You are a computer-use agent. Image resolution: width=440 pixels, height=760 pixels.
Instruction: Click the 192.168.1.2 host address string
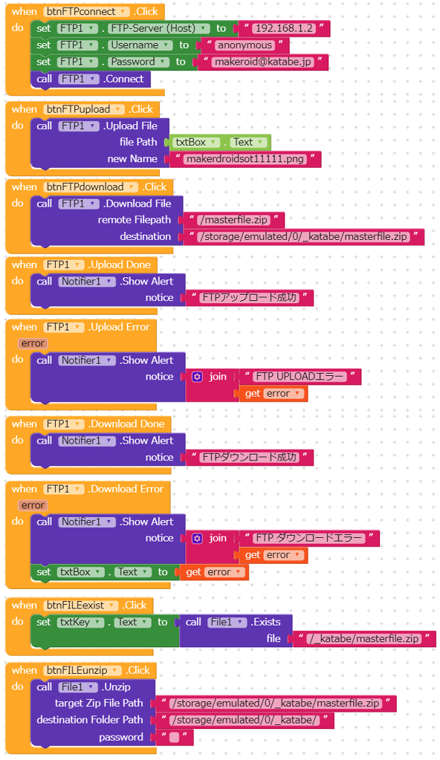coord(284,28)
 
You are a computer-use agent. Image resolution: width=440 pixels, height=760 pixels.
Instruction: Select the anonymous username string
coord(245,45)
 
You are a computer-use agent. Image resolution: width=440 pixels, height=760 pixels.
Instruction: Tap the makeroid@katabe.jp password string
coord(263,62)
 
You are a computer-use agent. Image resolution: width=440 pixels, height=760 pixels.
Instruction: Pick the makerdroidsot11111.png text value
coord(245,159)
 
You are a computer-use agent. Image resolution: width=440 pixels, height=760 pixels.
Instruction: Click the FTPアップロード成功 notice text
coord(249,298)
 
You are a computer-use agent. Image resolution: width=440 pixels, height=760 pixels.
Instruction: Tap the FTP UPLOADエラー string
coord(300,377)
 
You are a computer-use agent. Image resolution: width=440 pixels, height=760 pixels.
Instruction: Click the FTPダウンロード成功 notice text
coord(249,457)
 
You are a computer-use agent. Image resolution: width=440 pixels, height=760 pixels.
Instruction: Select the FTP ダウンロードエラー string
coord(309,538)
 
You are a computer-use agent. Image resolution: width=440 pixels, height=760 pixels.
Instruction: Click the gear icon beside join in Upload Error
coord(197,377)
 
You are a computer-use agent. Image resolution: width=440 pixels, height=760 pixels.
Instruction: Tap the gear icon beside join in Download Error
coord(197,538)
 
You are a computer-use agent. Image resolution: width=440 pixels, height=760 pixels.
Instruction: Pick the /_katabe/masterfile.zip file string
coord(364,639)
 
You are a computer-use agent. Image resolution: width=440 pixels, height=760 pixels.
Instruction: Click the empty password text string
coord(174,737)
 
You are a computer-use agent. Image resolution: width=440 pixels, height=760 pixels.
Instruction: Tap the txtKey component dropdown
coord(80,623)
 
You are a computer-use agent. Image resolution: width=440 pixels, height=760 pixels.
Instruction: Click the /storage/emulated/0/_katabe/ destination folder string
coord(245,721)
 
